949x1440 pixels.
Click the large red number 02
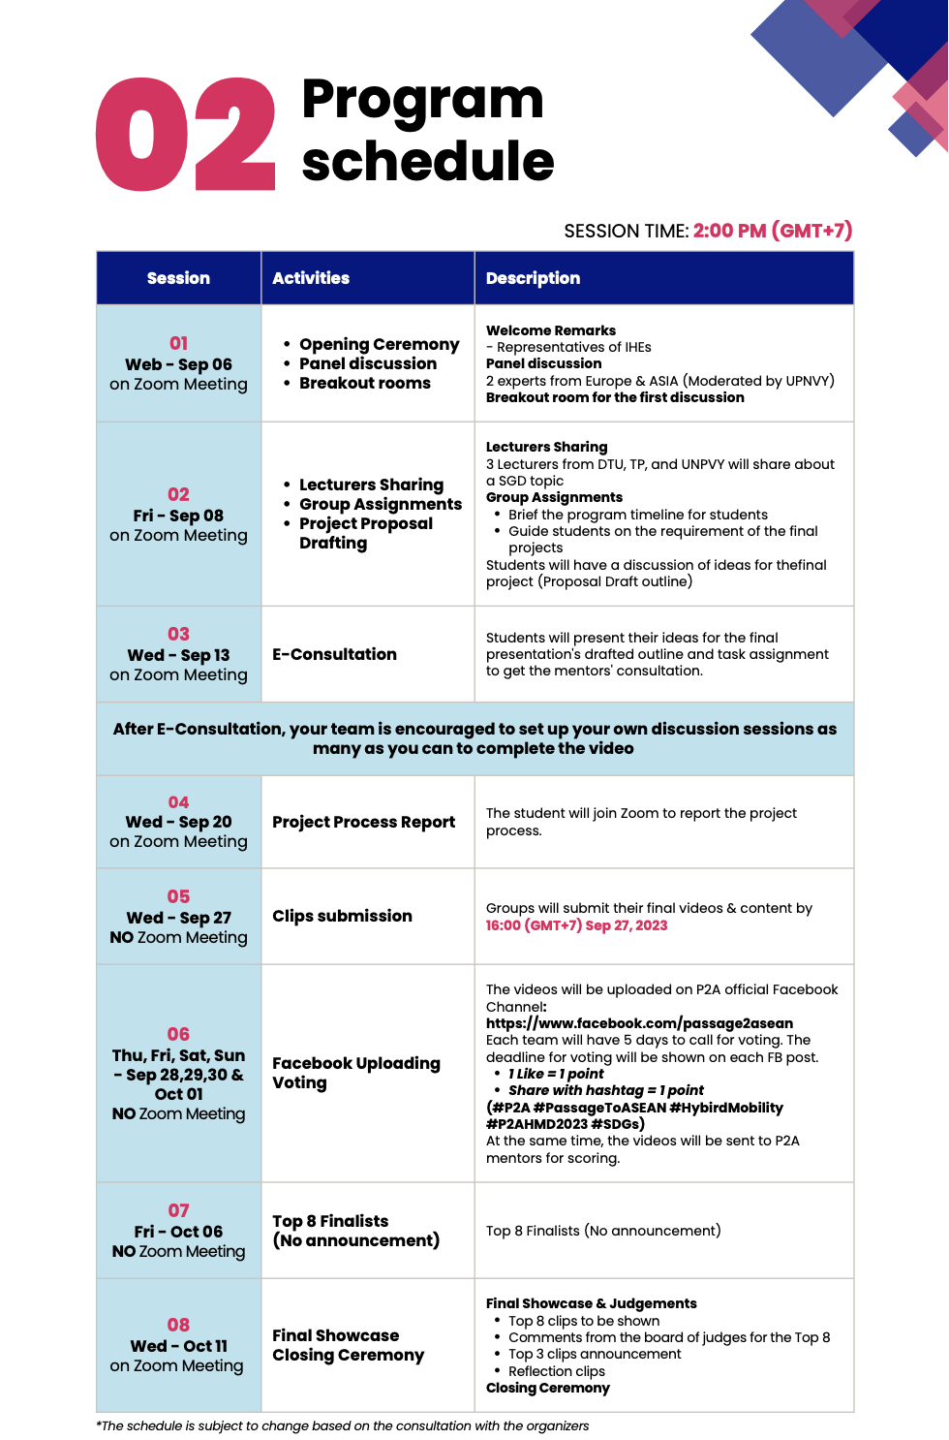coord(186,134)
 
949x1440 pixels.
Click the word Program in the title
coord(422,99)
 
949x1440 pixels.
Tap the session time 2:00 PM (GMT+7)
coord(772,231)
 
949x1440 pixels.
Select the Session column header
coord(178,278)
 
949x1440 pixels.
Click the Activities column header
coord(311,278)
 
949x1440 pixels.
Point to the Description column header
coord(533,278)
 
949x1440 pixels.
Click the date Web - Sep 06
coord(178,364)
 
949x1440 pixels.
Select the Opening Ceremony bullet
coord(379,344)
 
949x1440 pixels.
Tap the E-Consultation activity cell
coord(334,654)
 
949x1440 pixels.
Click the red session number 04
coord(178,802)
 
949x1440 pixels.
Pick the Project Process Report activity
coord(363,822)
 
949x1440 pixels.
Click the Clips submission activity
coord(342,916)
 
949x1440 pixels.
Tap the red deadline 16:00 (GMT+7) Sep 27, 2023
coord(576,925)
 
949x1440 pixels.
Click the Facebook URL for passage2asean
coord(639,1023)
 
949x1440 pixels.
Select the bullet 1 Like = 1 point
coord(556,1074)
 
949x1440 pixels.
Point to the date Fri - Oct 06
coord(178,1232)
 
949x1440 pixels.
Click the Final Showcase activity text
coord(335,1335)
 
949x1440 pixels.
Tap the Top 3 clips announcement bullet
coord(595,1354)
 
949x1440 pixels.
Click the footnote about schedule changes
coord(342,1425)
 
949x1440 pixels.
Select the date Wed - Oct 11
coord(178,1346)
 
